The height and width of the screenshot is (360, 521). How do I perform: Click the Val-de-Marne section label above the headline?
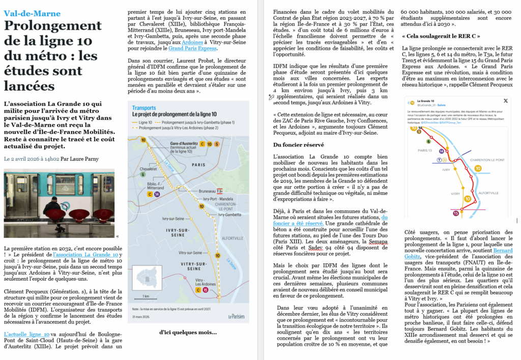pos(32,14)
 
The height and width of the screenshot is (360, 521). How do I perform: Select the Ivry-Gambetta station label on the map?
pos(229,215)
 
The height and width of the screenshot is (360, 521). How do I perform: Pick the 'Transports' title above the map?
pos(144,108)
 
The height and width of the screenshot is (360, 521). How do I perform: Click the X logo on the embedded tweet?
pos(505,101)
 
